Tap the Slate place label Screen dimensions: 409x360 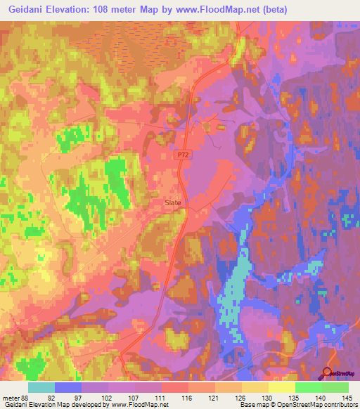tap(173, 203)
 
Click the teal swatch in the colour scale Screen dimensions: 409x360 tap(41, 387)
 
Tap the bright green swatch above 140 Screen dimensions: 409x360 tap(308, 387)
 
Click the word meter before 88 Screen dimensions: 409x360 tap(11, 398)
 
